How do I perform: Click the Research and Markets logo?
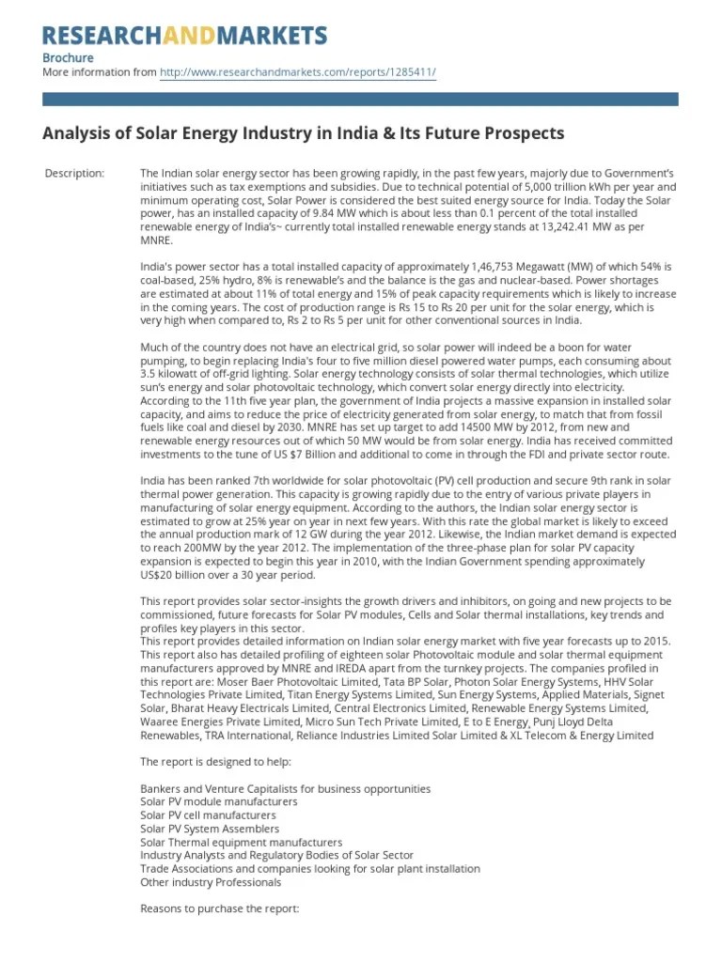(x=184, y=36)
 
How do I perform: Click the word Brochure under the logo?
(x=69, y=57)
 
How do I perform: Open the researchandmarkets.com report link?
(x=298, y=71)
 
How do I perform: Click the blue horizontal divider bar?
(x=360, y=98)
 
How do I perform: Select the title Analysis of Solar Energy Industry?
(x=303, y=133)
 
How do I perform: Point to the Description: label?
(x=75, y=174)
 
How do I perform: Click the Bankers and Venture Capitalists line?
(x=285, y=789)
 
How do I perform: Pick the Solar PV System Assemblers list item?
(x=209, y=830)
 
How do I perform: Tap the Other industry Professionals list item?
(x=210, y=882)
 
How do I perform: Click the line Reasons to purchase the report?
(x=219, y=909)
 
